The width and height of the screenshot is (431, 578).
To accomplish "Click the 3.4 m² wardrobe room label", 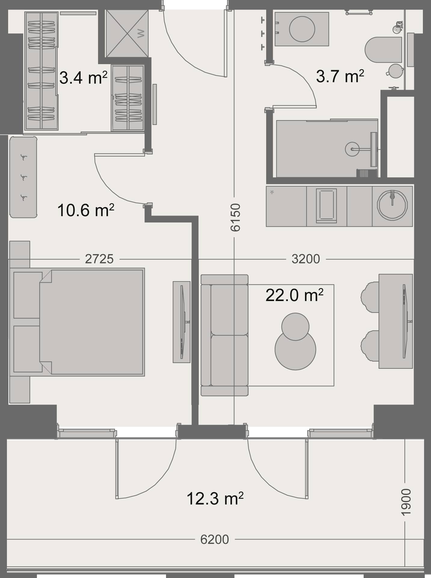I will click(x=83, y=78).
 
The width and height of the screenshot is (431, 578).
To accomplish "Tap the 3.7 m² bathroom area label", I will click(x=340, y=76).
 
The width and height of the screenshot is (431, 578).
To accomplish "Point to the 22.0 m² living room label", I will click(x=294, y=295).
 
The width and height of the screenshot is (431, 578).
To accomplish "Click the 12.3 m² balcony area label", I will click(x=215, y=499).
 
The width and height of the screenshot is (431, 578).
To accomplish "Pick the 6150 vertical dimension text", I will click(x=235, y=218).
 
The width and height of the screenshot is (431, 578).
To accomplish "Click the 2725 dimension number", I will click(x=99, y=259).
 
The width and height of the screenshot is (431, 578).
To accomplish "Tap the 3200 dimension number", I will click(x=306, y=259).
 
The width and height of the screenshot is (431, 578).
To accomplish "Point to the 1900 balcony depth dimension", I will click(x=406, y=502).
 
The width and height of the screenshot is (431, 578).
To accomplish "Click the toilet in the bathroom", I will click(x=383, y=50).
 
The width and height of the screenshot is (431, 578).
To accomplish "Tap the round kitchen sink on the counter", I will click(x=392, y=206).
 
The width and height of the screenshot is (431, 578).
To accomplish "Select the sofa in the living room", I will click(x=225, y=335).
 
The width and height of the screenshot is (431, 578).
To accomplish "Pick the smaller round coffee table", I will click(x=295, y=327).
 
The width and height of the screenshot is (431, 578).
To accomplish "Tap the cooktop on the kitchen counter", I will click(x=326, y=206).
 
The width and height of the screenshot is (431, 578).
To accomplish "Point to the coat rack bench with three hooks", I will click(x=23, y=177).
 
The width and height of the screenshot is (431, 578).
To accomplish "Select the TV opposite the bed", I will click(x=182, y=322).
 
